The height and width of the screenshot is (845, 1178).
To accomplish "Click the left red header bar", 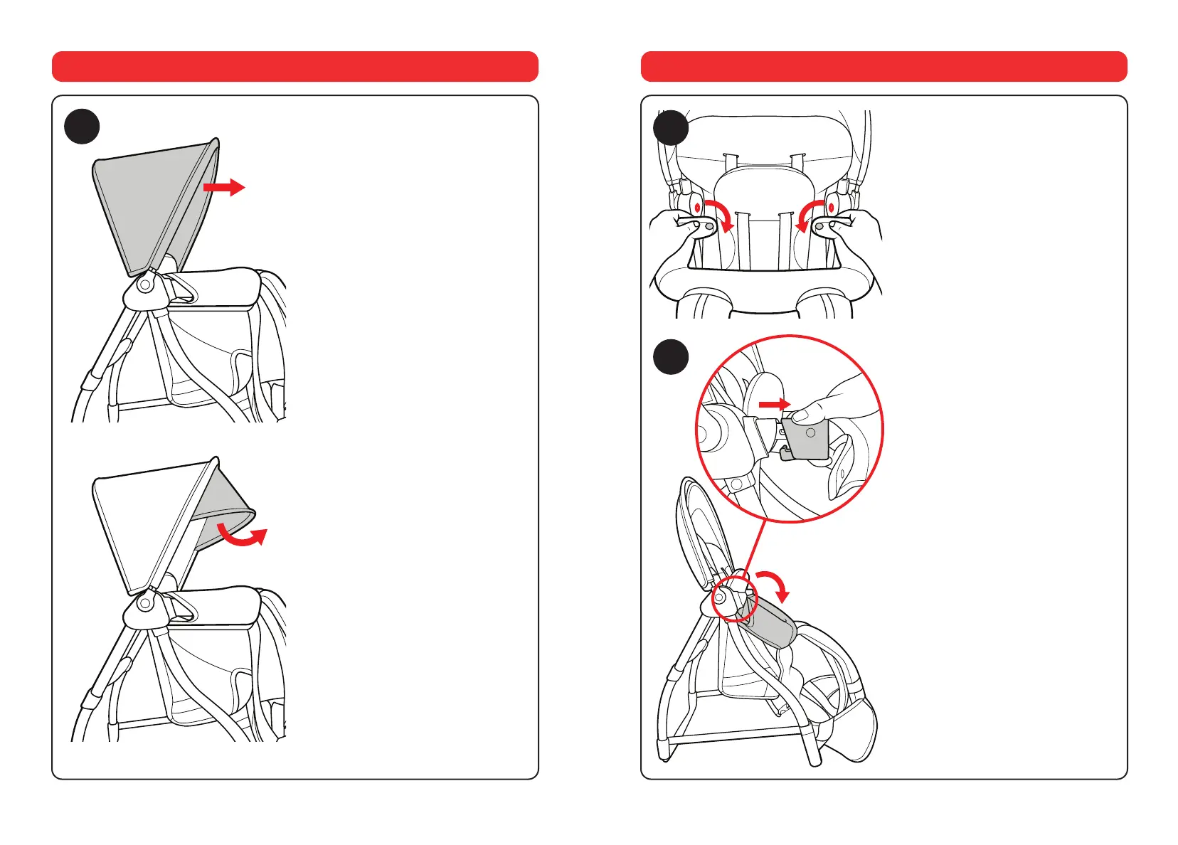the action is [x=294, y=66].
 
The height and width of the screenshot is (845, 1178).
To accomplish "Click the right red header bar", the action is [x=884, y=66].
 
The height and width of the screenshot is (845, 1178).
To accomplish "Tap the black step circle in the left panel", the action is [x=82, y=127].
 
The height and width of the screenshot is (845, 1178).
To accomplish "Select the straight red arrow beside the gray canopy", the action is [x=224, y=188].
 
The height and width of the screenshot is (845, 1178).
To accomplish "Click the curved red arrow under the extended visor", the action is [x=243, y=536].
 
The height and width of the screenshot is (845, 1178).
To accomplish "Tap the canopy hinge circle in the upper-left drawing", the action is [x=145, y=285].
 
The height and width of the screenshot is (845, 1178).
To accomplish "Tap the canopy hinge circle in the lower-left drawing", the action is [x=145, y=603].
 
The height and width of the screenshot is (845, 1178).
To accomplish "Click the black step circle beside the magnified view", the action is [x=671, y=356].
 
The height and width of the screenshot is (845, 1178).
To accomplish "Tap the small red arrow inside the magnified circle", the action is [x=775, y=404].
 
